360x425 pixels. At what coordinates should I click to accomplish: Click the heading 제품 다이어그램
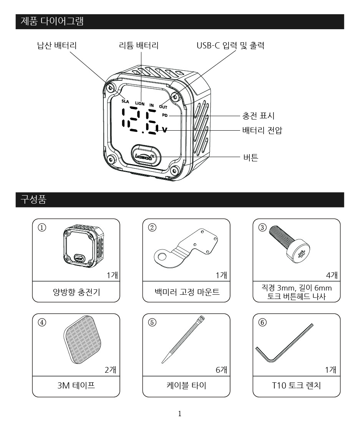coord(52,22)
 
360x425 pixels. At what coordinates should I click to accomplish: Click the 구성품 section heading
coord(34,200)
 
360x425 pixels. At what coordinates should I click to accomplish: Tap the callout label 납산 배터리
coord(56,45)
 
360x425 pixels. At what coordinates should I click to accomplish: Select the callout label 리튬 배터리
coord(139,45)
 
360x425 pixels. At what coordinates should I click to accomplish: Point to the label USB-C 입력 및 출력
coord(230,45)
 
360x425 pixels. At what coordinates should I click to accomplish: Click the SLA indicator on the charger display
coord(125,102)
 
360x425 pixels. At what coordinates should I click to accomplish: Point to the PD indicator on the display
coord(165,115)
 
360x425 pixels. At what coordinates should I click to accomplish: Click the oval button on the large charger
coord(145,155)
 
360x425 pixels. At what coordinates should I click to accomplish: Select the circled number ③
coord(262,227)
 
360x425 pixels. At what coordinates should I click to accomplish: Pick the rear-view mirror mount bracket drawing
coord(186,249)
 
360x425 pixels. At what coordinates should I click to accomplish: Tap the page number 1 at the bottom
coord(180,414)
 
